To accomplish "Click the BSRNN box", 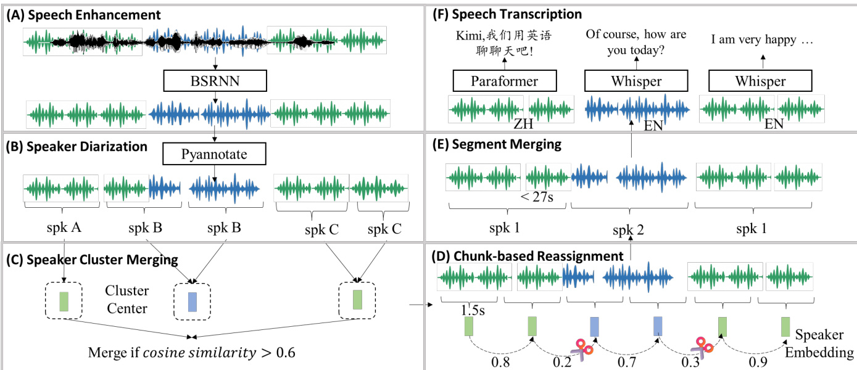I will [x=215, y=81].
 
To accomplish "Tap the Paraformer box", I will [x=505, y=81].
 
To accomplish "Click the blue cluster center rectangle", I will [x=193, y=302].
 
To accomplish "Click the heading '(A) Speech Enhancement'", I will [x=83, y=14].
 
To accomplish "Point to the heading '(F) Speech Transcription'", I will [x=508, y=14].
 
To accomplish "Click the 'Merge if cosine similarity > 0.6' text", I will [x=192, y=353].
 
